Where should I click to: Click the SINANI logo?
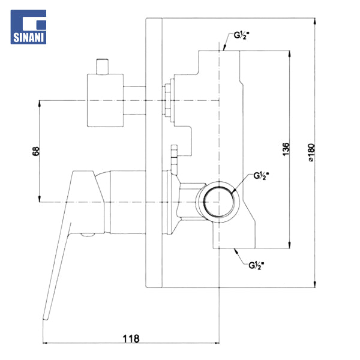pyautogui.click(x=28, y=27)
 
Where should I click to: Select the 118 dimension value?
pyautogui.click(x=131, y=338)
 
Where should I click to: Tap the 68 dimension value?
pyautogui.click(x=36, y=151)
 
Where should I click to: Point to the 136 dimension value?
pyautogui.click(x=286, y=149)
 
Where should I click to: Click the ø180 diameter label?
pyautogui.click(x=311, y=152)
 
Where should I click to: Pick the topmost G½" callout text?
pyautogui.click(x=242, y=35)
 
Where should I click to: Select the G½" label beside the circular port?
pyautogui.click(x=261, y=176)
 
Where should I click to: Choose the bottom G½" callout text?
pyautogui.click(x=256, y=266)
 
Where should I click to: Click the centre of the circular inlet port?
pyautogui.click(x=219, y=202)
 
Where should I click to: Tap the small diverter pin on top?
pyautogui.click(x=102, y=67)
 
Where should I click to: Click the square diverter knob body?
pyautogui.click(x=105, y=100)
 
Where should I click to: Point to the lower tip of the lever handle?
pyautogui.click(x=46, y=319)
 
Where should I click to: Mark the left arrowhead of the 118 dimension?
pyautogui.click(x=45, y=343)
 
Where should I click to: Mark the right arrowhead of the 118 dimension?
pyautogui.click(x=217, y=343)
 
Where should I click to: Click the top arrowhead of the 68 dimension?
pyautogui.click(x=39, y=103)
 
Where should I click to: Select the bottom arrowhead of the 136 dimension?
pyautogui.click(x=290, y=245)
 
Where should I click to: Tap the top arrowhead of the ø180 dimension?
pyautogui.click(x=315, y=21)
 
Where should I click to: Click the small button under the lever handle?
pyautogui.click(x=88, y=235)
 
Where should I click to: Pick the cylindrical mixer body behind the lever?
pyautogui.click(x=128, y=202)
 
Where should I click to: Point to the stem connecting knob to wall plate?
pyautogui.click(x=134, y=100)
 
